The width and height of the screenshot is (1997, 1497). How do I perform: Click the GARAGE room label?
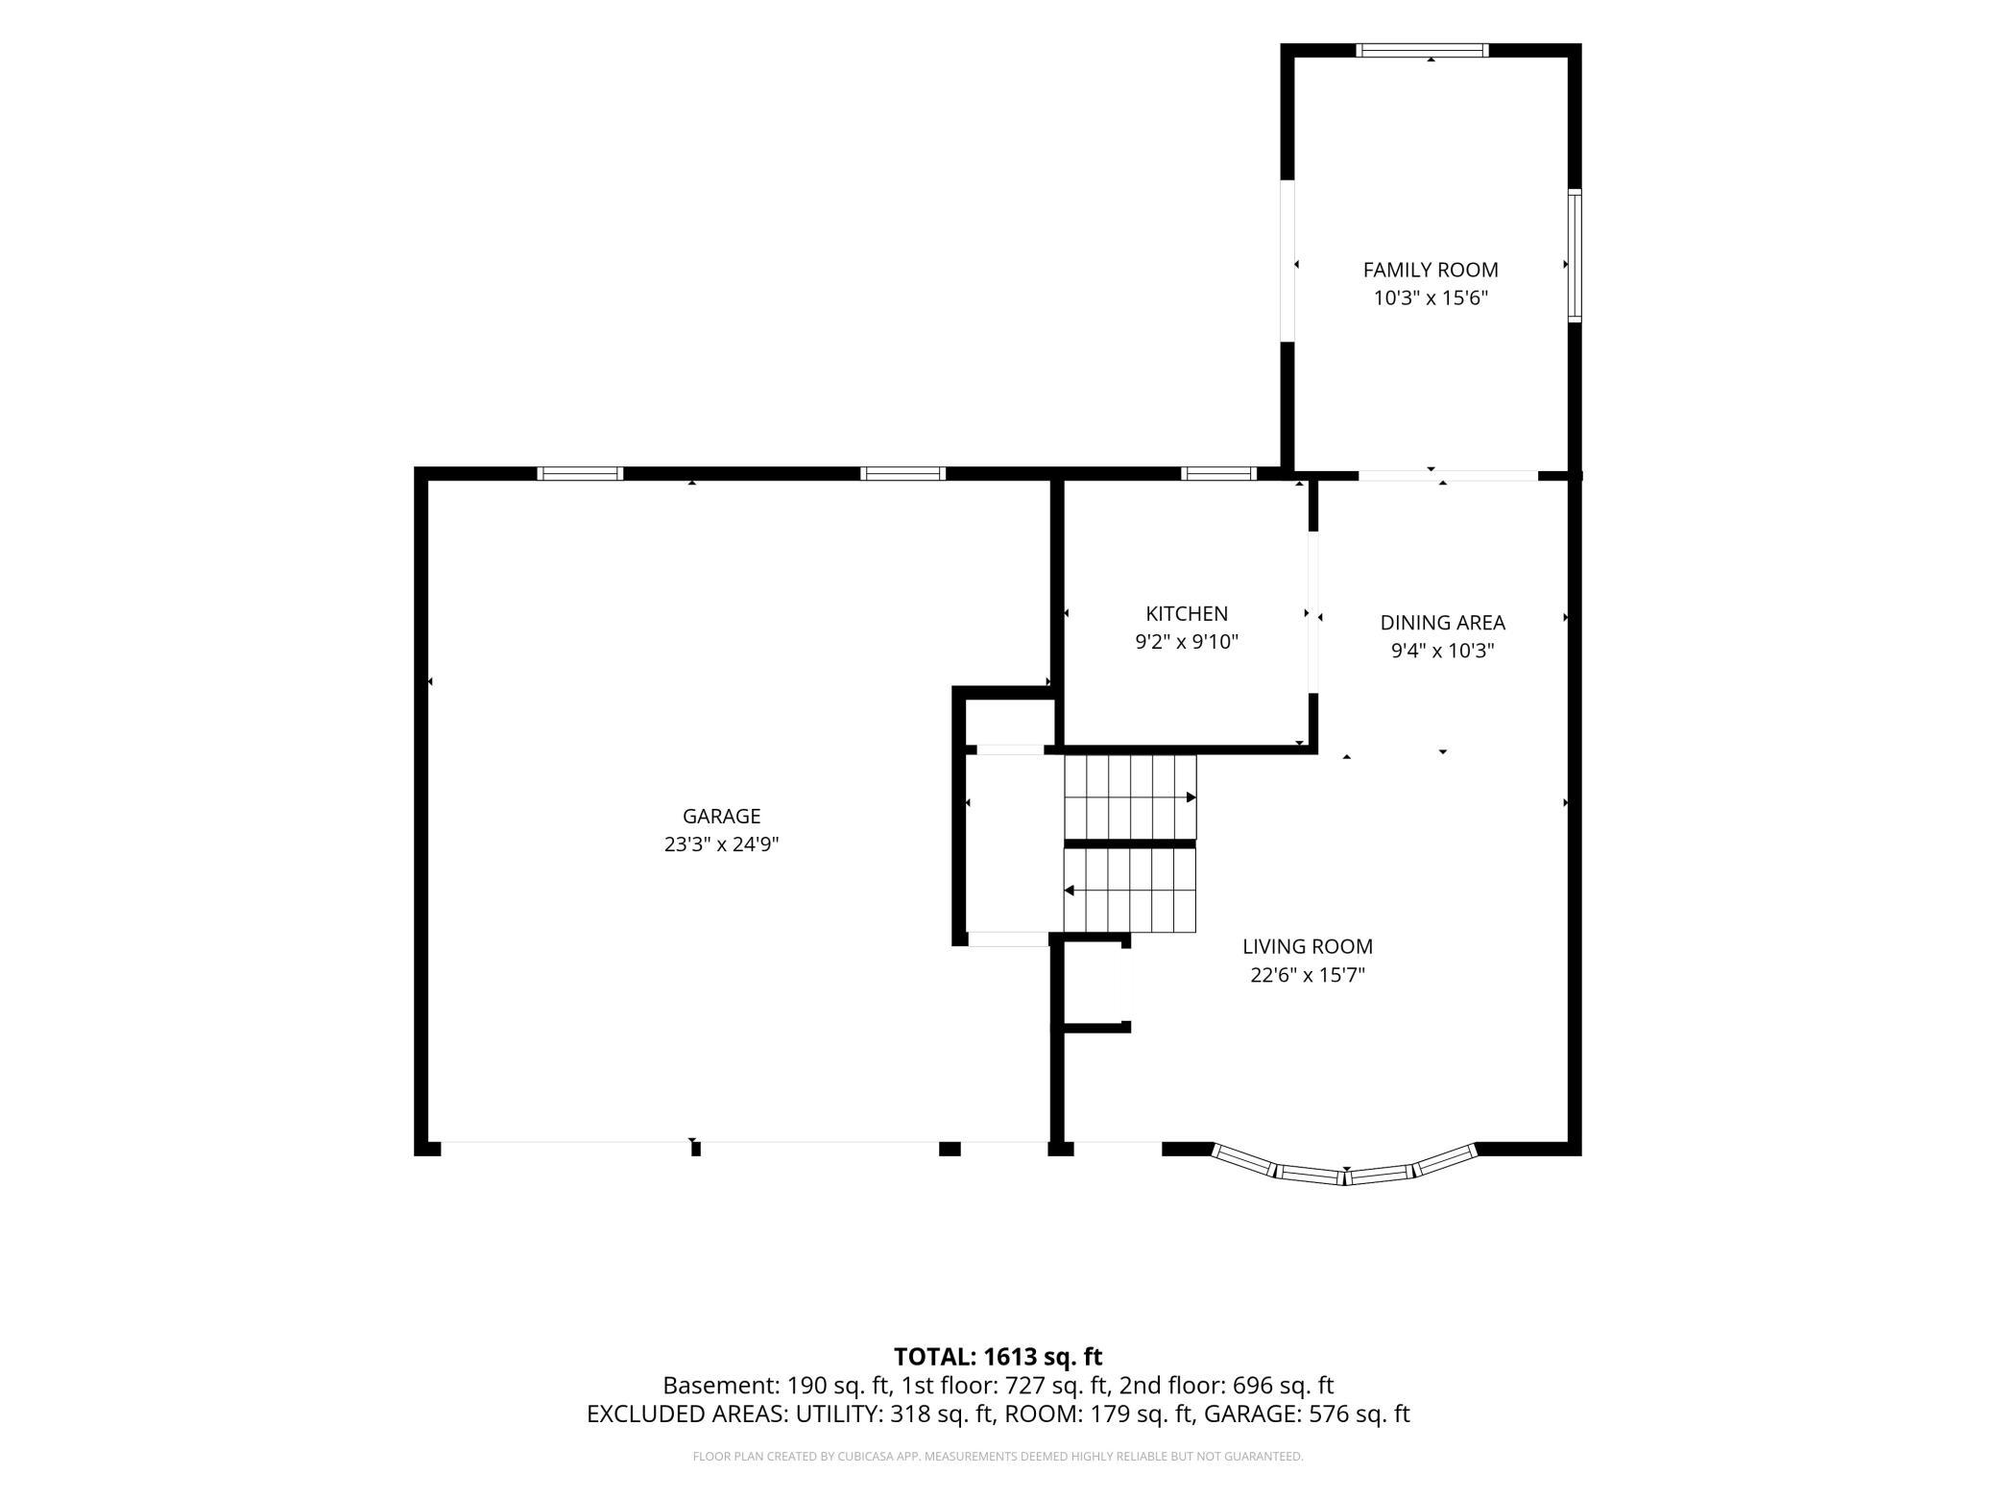(x=721, y=816)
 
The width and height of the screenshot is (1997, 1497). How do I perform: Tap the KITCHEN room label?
(x=1187, y=613)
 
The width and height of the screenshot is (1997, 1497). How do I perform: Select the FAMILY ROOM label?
(x=1431, y=270)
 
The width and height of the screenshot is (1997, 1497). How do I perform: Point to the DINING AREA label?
(x=1442, y=622)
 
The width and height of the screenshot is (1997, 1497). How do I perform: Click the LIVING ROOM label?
(x=1308, y=946)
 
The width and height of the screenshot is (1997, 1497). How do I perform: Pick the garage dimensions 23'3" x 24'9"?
(x=721, y=844)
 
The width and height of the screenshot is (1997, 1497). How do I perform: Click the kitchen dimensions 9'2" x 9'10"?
(x=1187, y=642)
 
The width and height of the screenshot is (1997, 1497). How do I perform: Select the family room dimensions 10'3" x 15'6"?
(x=1431, y=298)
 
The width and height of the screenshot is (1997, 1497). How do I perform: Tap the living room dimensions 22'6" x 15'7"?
(x=1308, y=975)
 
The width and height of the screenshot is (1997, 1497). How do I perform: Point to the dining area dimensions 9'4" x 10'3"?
(x=1442, y=651)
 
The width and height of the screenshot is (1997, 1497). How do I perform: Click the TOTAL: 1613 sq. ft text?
(x=998, y=1357)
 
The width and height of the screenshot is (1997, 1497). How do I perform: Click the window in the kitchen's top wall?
(x=1218, y=473)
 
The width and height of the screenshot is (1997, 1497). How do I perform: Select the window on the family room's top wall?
(x=1422, y=50)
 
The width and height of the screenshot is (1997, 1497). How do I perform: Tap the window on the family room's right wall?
(x=1575, y=254)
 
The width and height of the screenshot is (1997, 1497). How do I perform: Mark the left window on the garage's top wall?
(x=580, y=473)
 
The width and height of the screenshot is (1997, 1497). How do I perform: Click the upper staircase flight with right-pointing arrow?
(x=1130, y=796)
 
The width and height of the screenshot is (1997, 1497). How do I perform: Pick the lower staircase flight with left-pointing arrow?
(x=1130, y=891)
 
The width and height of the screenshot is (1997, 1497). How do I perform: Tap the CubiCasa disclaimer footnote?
(x=998, y=1457)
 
